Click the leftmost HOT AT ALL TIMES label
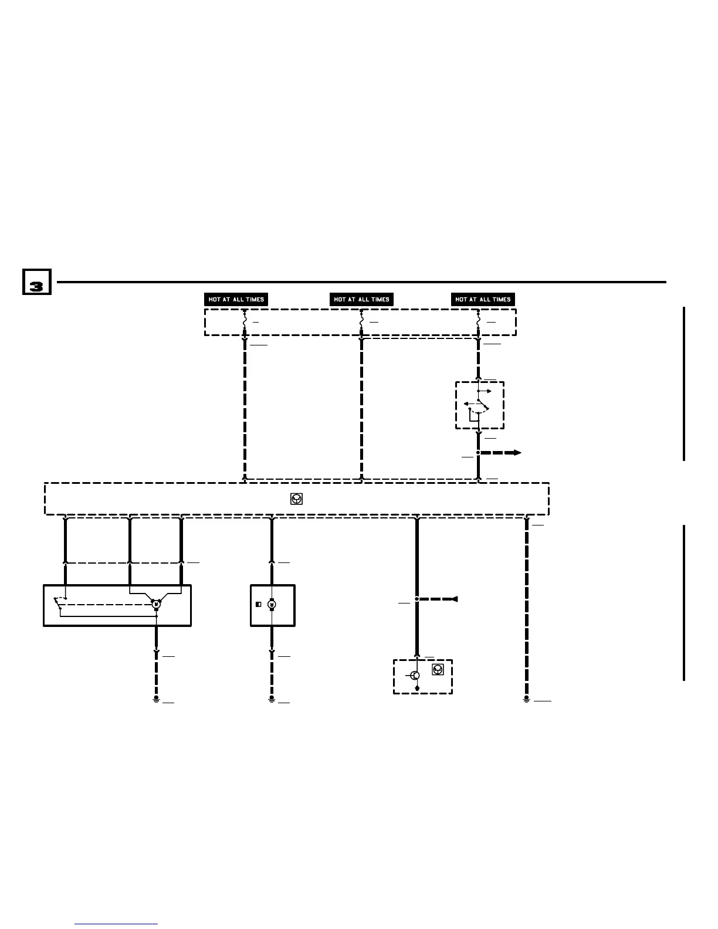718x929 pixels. pos(236,299)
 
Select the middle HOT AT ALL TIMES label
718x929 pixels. pos(361,299)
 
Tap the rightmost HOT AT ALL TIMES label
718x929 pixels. pos(483,299)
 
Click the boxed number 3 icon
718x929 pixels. pos(36,282)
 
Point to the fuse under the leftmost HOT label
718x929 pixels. pos(244,323)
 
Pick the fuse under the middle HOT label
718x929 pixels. pos(361,323)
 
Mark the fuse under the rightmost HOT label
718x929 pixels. pos(478,323)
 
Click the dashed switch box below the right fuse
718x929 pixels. pos(480,405)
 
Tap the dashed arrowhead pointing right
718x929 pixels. pos(516,453)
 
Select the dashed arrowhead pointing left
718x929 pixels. pos(453,599)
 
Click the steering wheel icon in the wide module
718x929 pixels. pos(297,499)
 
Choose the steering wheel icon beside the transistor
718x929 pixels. pos(438,670)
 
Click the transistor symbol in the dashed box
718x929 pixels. pos(415,676)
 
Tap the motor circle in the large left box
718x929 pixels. pos(156,604)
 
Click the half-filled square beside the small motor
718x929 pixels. pos(258,605)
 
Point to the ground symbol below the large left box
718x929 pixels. pos(156,700)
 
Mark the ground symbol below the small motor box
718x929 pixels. pos(272,700)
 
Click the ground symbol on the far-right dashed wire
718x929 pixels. pos(527,700)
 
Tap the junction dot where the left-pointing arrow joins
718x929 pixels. pos(416,599)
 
